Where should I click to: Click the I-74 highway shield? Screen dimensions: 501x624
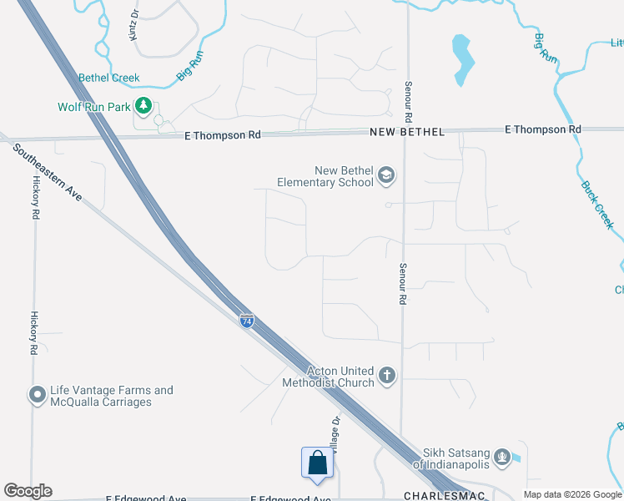click(x=247, y=321)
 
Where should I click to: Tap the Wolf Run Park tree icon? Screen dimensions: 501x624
click(x=144, y=106)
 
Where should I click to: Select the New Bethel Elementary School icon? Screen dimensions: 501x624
click(x=385, y=175)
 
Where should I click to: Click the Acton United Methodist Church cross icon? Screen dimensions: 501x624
click(x=386, y=376)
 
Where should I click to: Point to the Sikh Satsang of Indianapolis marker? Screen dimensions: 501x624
click(x=501, y=456)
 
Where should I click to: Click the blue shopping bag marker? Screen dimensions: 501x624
click(x=318, y=463)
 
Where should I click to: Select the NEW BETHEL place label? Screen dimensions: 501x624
click(x=408, y=133)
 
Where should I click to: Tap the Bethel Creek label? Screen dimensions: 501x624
click(x=108, y=78)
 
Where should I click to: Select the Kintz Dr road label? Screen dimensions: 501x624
click(x=133, y=26)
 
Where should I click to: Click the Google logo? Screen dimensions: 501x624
click(x=28, y=491)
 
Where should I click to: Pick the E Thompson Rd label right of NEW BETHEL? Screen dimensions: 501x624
click(x=543, y=129)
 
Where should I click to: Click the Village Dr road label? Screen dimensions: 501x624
click(x=335, y=436)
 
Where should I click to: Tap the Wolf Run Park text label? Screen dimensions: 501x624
click(x=95, y=107)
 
